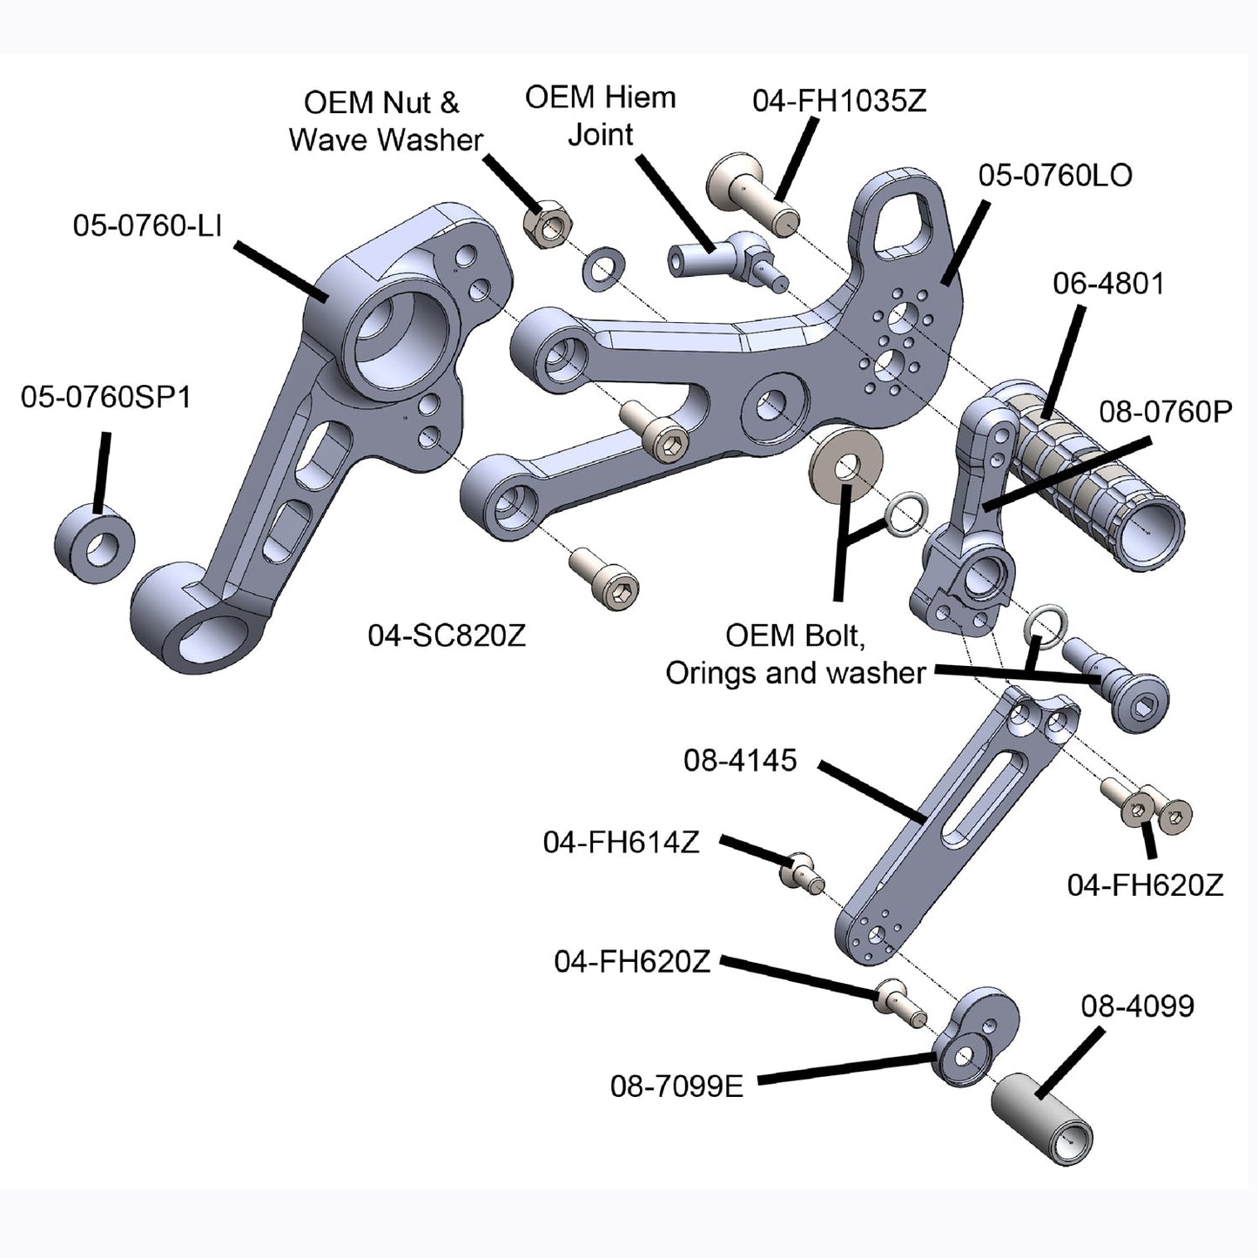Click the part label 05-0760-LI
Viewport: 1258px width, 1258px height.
(x=147, y=226)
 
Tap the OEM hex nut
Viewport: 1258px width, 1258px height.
(x=547, y=223)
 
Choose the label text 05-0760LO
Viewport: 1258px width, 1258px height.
(x=1055, y=176)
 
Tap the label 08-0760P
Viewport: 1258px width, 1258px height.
(x=1165, y=412)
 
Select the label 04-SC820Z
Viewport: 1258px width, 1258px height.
(x=447, y=636)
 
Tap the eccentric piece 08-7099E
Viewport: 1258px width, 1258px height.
(x=975, y=1036)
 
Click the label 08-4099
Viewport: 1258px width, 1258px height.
(x=1137, y=1006)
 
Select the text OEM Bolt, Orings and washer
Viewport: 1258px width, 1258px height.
(x=795, y=655)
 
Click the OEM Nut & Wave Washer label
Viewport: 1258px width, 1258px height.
(x=385, y=122)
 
